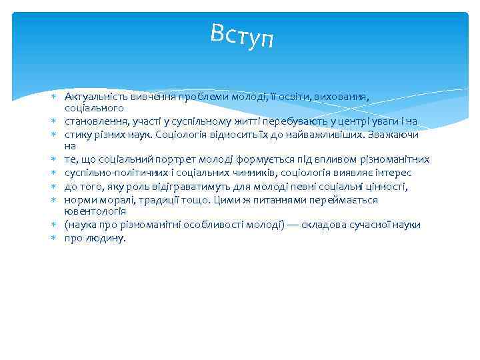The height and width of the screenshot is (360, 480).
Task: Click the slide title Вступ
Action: pos(241,35)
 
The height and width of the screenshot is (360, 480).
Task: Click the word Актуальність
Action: pos(92,96)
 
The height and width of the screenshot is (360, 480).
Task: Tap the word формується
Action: pos(242,159)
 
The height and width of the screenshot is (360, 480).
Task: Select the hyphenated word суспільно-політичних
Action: pos(111,172)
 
